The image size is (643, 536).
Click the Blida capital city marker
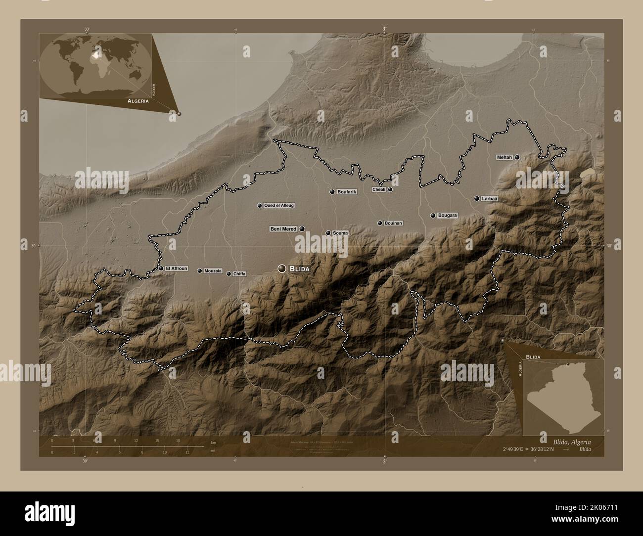point(282,268)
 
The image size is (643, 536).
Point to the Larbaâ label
point(489,199)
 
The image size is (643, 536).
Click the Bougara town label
point(448,216)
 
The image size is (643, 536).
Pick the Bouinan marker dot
point(380,223)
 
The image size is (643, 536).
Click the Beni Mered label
point(283,229)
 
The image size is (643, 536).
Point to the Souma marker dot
point(327,233)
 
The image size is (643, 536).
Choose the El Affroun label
point(177,268)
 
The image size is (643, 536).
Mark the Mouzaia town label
point(213,271)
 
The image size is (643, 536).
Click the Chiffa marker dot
point(229,273)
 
